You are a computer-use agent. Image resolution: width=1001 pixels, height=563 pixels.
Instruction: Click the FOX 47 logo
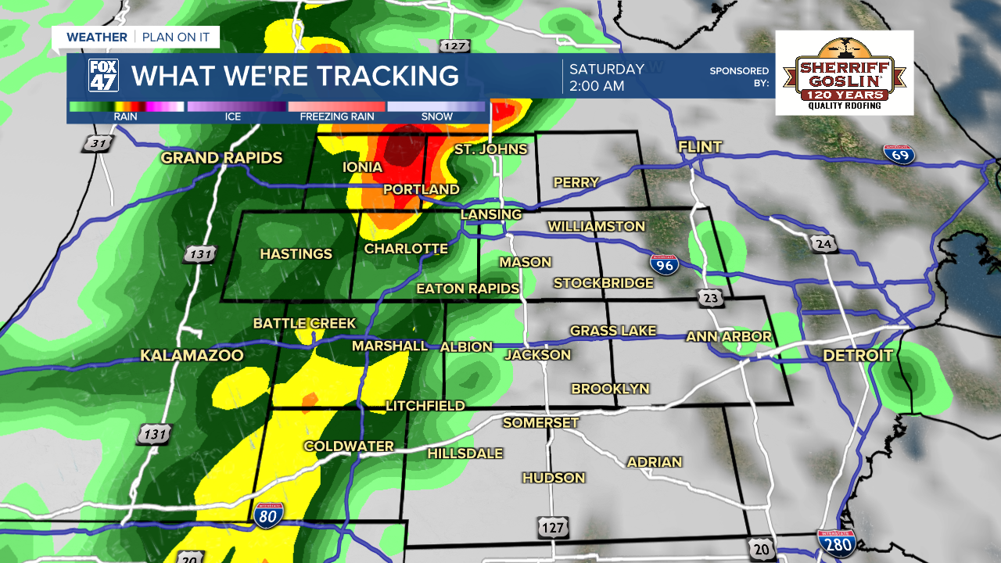103,76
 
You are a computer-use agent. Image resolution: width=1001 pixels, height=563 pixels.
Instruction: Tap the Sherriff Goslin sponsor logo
845,74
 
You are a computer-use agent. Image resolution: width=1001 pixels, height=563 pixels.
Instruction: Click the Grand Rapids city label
221,158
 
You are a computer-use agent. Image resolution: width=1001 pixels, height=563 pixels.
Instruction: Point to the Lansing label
490,214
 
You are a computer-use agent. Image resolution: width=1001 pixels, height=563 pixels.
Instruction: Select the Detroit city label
857,356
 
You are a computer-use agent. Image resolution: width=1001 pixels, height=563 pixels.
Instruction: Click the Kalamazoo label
192,356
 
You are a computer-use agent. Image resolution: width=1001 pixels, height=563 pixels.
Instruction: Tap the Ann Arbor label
729,337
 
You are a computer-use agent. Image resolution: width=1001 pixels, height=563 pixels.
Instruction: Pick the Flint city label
700,147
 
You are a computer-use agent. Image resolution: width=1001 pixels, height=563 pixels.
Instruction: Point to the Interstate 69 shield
899,154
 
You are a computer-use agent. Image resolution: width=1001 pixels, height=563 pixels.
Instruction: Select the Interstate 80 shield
267,514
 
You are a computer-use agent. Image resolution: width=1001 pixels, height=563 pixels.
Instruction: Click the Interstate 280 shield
835,543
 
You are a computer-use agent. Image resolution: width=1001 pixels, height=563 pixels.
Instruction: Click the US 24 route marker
823,244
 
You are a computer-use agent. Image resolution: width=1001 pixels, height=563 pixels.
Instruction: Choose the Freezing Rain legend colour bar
336,106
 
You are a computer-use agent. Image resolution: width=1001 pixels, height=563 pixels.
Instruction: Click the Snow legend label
437,117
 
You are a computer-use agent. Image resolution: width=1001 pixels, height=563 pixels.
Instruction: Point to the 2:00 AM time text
597,86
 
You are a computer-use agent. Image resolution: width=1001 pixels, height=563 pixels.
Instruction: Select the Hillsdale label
465,454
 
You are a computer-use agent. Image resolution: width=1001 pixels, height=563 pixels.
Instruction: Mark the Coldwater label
349,446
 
